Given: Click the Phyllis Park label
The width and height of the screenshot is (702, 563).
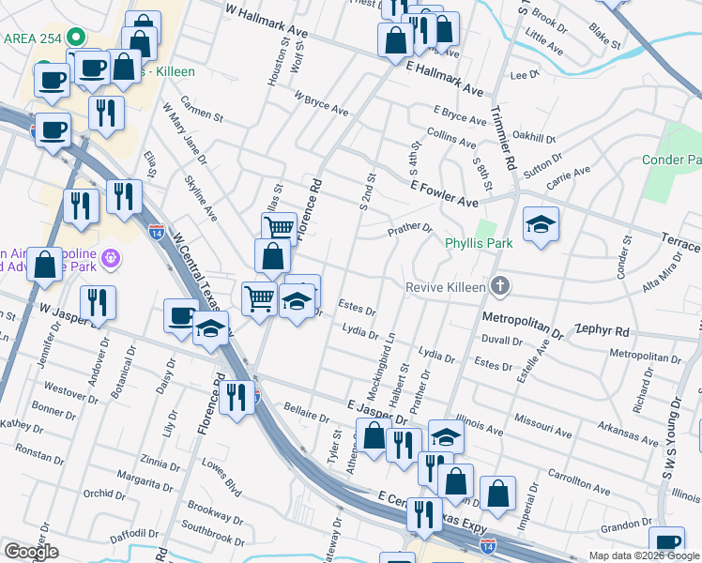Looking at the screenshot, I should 479,244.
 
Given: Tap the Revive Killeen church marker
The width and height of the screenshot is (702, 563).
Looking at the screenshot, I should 501,286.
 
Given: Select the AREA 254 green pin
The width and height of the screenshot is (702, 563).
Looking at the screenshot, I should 79,38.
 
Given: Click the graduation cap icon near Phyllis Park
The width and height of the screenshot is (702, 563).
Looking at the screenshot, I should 541,224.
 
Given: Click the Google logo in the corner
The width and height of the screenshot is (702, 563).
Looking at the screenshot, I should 31,552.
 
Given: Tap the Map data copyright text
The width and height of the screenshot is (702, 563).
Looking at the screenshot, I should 645,555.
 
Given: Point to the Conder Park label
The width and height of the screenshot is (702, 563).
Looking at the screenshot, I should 672,160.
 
